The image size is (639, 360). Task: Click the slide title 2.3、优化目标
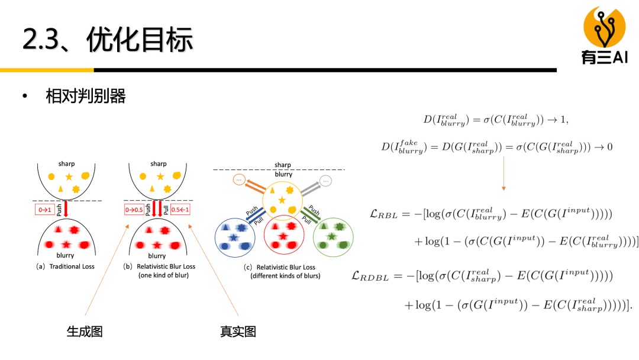point(108,40)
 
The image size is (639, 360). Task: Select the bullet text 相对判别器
point(86,96)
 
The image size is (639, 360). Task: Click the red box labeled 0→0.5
point(135,209)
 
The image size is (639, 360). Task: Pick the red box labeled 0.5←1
point(179,209)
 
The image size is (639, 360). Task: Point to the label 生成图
point(85,332)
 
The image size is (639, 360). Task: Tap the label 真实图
point(238,332)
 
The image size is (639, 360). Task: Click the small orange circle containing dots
point(239,179)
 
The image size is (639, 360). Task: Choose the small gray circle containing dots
point(326,181)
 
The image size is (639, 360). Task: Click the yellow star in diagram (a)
point(69,176)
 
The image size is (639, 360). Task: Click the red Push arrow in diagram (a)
point(66,209)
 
